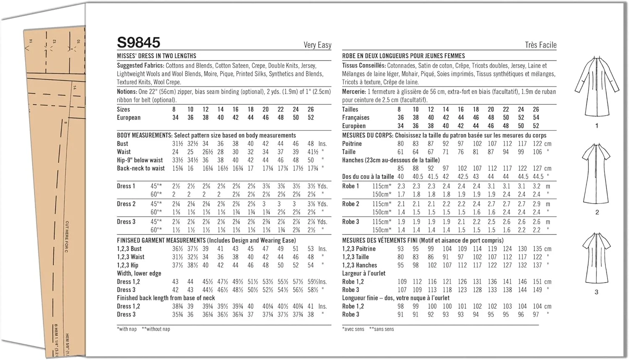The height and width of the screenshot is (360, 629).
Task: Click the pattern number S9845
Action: [x=138, y=42]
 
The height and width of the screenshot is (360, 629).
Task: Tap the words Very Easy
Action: [x=317, y=45]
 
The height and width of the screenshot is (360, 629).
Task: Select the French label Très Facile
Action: [x=541, y=45]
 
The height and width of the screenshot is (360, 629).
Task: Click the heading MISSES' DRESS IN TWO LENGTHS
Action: [x=156, y=56]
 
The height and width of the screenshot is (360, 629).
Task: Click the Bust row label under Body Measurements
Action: [x=122, y=143]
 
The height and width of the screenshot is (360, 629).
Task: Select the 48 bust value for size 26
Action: [x=311, y=143]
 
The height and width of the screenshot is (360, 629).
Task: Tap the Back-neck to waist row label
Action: [x=141, y=168]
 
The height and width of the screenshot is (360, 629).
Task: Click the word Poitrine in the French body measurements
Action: [x=352, y=143]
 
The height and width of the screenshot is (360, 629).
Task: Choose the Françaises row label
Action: [x=356, y=117]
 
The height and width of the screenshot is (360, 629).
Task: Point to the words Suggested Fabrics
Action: [x=140, y=65]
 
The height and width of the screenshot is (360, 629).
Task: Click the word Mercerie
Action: [x=353, y=91]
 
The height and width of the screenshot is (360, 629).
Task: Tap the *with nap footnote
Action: [x=127, y=329]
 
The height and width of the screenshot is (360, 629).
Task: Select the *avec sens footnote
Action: [x=353, y=329]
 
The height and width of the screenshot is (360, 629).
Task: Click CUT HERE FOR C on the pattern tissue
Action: [x=67, y=237]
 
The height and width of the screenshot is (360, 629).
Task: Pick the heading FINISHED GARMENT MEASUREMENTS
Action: [x=161, y=240]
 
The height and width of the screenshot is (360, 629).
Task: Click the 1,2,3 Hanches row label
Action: [x=359, y=265]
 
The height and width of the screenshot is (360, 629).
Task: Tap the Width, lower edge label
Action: [x=139, y=273]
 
